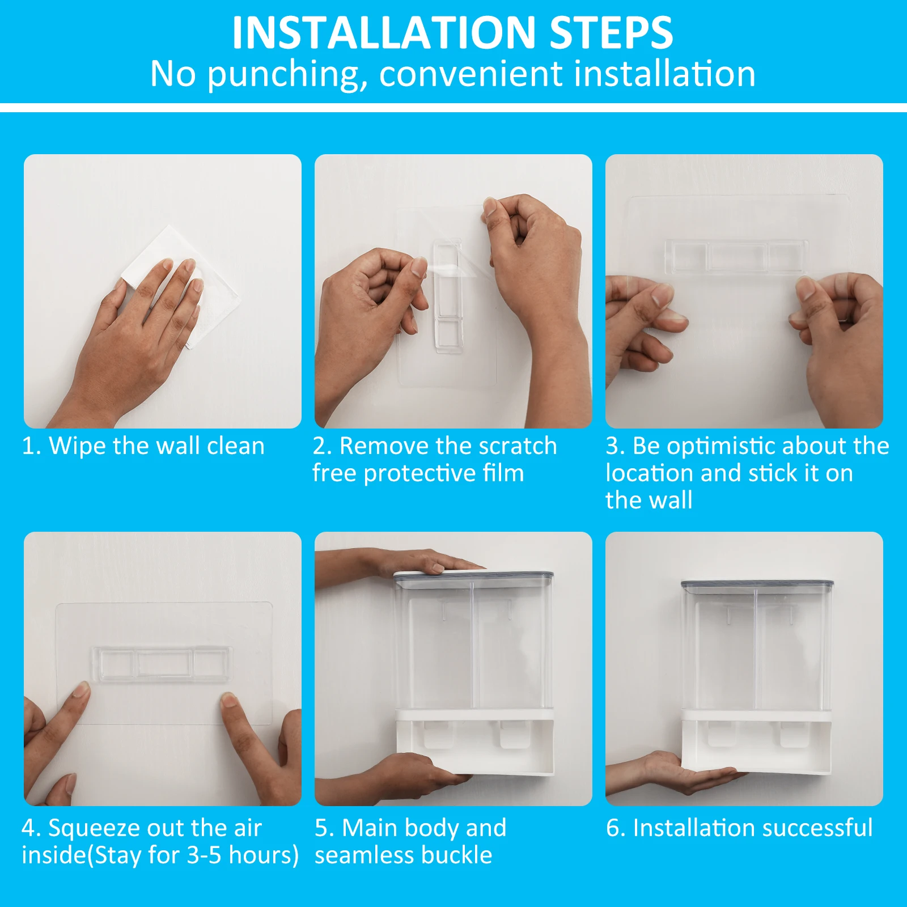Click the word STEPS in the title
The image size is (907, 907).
pos(611,33)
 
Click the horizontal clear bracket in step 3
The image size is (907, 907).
pos(736,257)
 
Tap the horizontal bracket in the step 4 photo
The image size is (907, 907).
pos(162,663)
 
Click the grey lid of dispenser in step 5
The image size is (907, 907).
pos(473,577)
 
